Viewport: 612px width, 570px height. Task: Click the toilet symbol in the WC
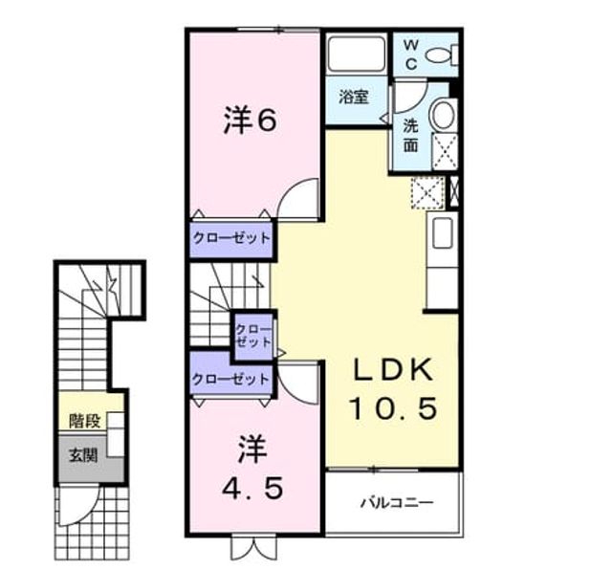[442, 55]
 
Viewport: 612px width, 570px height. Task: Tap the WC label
[411, 55]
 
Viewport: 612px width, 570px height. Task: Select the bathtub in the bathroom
[357, 55]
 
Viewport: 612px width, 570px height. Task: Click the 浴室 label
[354, 97]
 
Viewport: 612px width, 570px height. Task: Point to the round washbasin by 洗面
[443, 115]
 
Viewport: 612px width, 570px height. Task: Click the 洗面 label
[410, 135]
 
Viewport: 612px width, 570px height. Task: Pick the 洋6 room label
[251, 121]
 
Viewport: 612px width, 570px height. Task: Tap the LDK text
[393, 369]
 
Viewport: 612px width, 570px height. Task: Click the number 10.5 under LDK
[393, 408]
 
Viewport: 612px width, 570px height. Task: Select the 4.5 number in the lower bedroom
[252, 488]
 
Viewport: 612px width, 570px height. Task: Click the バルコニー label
[397, 502]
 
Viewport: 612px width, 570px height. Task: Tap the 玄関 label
[83, 455]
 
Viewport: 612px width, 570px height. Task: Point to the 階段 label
[85, 421]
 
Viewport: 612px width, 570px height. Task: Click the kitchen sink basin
[443, 232]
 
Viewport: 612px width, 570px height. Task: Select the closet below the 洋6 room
[231, 239]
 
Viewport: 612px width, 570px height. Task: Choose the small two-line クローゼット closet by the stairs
[253, 336]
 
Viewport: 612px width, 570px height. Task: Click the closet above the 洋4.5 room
[230, 379]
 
